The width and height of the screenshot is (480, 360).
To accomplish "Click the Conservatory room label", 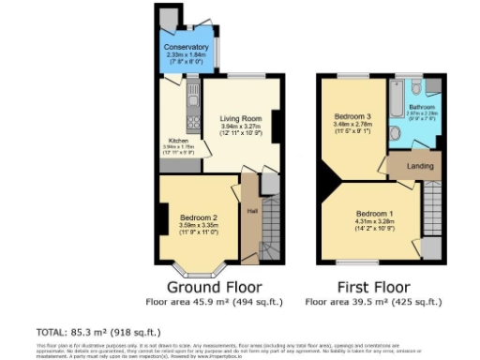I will point(186,47).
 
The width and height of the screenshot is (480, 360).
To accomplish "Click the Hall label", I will point(252,210).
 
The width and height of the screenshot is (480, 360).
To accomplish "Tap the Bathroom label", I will point(422,108).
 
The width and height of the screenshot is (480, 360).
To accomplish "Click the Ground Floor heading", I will point(214,286).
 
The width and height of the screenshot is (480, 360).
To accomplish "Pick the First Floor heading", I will point(373,286).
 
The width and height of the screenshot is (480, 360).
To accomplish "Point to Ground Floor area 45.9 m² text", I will point(214,302).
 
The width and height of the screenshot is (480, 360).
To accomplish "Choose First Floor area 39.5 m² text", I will point(373,302).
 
